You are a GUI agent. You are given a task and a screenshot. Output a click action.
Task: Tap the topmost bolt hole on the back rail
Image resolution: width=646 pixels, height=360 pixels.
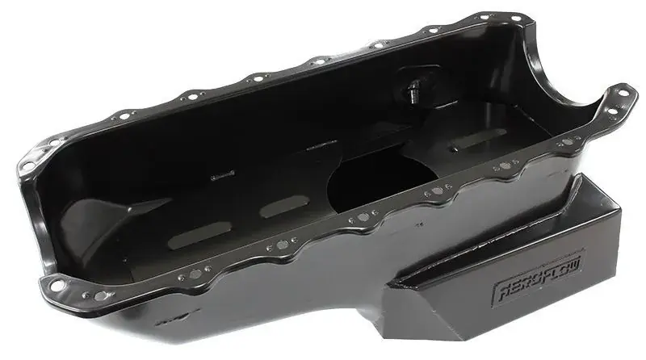click(484, 15)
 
